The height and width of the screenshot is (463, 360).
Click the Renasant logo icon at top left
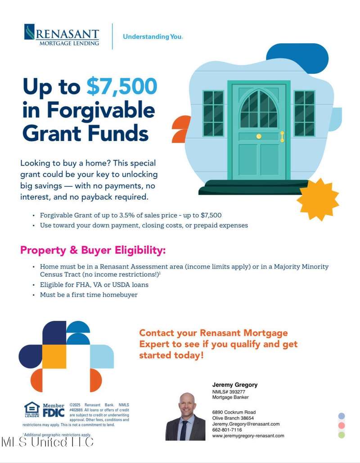click(x=29, y=32)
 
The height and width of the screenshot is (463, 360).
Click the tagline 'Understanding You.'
click(x=153, y=37)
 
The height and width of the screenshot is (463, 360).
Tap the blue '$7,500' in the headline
click(x=121, y=87)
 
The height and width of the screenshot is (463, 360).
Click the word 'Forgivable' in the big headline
click(x=101, y=110)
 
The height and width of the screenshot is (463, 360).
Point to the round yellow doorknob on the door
click(x=259, y=136)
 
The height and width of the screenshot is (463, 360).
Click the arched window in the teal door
click(x=259, y=109)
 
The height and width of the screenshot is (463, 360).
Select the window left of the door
click(x=213, y=113)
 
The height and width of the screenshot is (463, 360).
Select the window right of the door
click(x=304, y=113)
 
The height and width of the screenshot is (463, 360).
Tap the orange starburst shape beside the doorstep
click(x=318, y=199)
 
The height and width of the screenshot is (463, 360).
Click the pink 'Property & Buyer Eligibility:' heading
click(x=93, y=250)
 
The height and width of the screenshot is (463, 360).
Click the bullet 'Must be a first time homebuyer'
click(x=89, y=295)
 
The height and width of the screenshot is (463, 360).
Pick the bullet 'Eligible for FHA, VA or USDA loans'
click(x=94, y=285)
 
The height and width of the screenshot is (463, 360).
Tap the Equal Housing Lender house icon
click(x=31, y=409)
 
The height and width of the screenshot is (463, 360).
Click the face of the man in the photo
click(x=186, y=403)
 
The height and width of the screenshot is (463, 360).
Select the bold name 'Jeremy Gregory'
click(x=235, y=385)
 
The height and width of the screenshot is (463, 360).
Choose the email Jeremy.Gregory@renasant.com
click(x=246, y=424)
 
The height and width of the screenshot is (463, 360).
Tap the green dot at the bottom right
click(x=342, y=435)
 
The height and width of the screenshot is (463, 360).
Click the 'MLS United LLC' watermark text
click(x=47, y=442)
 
